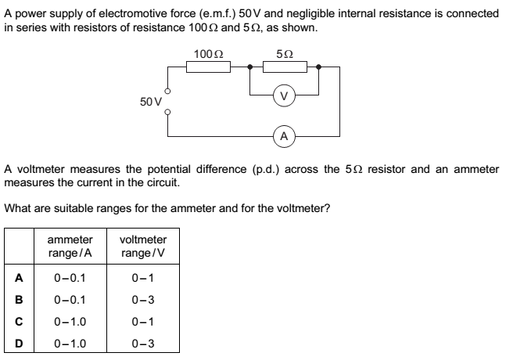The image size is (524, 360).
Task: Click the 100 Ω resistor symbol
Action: [207, 67]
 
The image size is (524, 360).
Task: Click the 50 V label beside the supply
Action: [151, 102]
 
